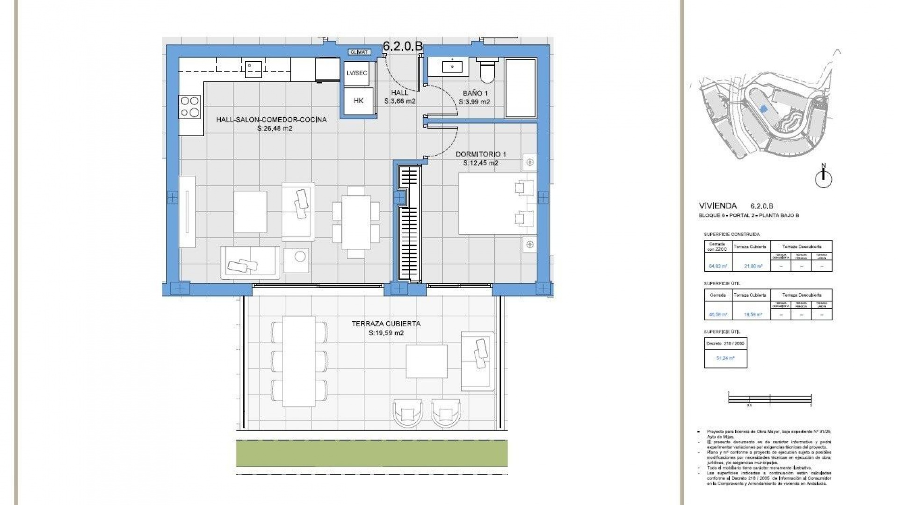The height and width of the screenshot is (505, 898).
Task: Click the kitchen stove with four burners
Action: click(190, 107)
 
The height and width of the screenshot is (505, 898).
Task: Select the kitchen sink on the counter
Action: click(254, 68)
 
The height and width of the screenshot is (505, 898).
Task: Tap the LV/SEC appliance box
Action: click(357, 73)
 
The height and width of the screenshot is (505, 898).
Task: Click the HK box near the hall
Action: click(358, 101)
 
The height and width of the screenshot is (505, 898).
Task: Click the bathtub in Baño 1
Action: click(520, 88)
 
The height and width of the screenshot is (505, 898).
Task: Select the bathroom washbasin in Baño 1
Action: click(452, 66)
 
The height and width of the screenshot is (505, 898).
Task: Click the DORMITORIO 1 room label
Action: click(481, 154)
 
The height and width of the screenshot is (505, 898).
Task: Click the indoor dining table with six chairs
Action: click(356, 222)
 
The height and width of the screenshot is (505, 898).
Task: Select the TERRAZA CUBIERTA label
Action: click(386, 324)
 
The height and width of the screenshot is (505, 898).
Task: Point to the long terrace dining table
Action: click(299, 361)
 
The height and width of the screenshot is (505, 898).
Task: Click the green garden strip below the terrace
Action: click(372, 453)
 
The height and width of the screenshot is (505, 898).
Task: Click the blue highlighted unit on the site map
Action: click(764, 108)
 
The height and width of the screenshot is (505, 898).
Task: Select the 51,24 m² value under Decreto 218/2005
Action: click(725, 358)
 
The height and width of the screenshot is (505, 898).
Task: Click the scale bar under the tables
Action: click(769, 398)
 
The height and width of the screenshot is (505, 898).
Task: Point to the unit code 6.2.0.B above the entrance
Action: click(403, 46)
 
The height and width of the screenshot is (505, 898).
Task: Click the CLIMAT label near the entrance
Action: click(360, 52)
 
